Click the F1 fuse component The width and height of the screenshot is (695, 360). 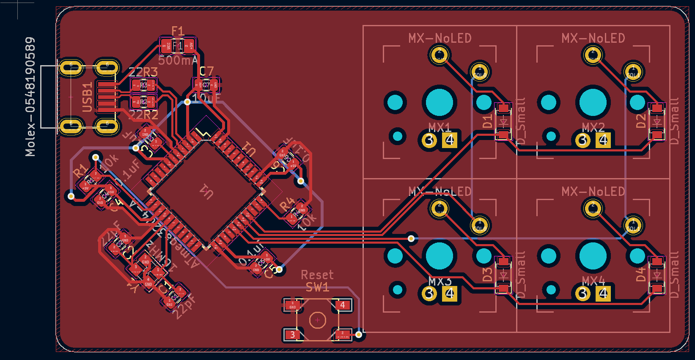[177, 46]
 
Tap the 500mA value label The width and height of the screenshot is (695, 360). [178, 60]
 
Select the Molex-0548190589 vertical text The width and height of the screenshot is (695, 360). [30, 96]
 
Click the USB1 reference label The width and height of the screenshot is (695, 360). [87, 97]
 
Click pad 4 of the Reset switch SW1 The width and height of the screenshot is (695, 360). [343, 305]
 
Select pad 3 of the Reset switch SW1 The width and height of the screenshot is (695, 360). [292, 334]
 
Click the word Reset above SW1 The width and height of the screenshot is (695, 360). [317, 275]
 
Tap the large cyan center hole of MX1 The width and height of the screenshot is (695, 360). [440, 102]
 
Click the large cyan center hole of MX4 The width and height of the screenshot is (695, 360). [593, 256]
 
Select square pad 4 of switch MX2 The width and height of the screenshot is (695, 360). [604, 140]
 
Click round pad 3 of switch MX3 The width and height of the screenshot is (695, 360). [429, 293]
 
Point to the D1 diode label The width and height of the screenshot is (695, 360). [488, 121]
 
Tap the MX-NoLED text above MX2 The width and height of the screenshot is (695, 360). [593, 38]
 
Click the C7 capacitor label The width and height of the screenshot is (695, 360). [206, 71]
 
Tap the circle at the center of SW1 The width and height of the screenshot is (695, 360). [317, 320]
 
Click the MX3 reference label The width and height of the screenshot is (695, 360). [440, 281]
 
